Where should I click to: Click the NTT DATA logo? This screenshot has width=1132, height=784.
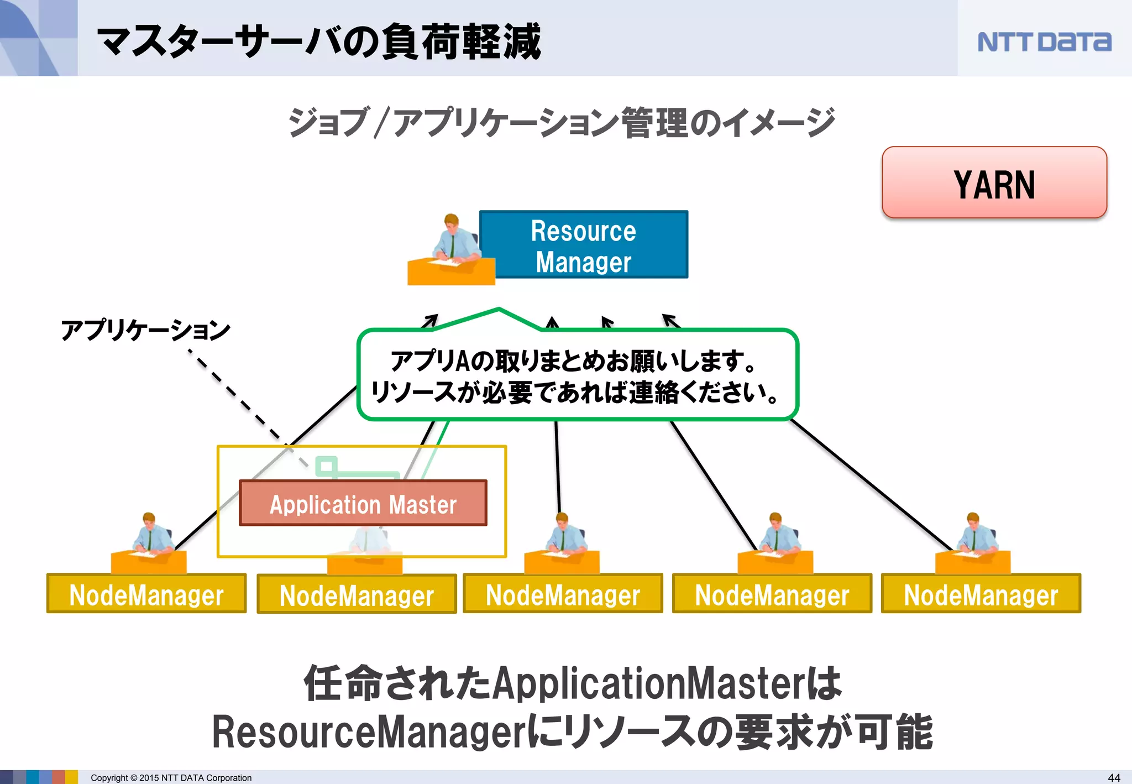pyautogui.click(x=1044, y=42)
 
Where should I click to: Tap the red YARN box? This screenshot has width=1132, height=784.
pyautogui.click(x=994, y=183)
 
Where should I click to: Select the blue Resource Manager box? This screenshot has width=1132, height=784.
pyautogui.click(x=584, y=245)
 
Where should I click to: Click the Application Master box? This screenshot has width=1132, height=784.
pyautogui.click(x=363, y=503)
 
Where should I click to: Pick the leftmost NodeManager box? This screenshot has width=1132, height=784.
pyautogui.click(x=146, y=594)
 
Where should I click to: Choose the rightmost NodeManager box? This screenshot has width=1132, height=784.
pyautogui.click(x=981, y=594)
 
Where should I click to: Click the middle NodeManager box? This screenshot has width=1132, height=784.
pyautogui.click(x=563, y=594)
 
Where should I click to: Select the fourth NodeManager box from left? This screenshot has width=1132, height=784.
pyautogui.click(x=772, y=594)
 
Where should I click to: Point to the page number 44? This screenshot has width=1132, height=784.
pyautogui.click(x=1114, y=777)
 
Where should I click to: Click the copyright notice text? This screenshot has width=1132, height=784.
pyautogui.click(x=171, y=777)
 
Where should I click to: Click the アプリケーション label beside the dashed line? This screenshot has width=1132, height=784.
pyautogui.click(x=145, y=330)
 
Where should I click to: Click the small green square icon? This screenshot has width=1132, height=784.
pyautogui.click(x=326, y=466)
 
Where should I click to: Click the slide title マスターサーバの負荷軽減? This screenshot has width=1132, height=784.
pyautogui.click(x=319, y=41)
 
